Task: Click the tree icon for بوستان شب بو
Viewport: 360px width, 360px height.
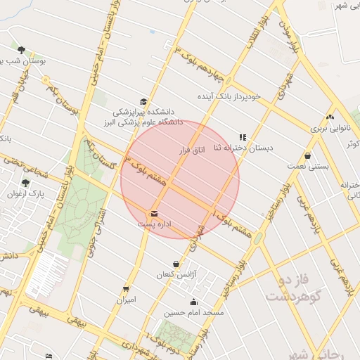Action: coord(21,51)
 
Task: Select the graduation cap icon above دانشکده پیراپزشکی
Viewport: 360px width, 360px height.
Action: coord(143,102)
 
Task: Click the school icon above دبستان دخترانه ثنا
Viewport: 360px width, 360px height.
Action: coord(243,138)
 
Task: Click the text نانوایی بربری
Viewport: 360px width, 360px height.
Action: coord(329,129)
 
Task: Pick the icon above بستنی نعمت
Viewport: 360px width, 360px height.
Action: coord(307,156)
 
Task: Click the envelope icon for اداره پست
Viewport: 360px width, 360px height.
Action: coord(154,213)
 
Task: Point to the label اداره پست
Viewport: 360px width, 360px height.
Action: coord(155,224)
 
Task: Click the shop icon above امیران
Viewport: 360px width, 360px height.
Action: coord(126,288)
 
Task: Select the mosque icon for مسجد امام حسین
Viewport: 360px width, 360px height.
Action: coord(194,302)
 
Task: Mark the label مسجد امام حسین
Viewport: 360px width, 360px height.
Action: coord(193,312)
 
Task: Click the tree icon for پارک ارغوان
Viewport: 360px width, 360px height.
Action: coord(26,184)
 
